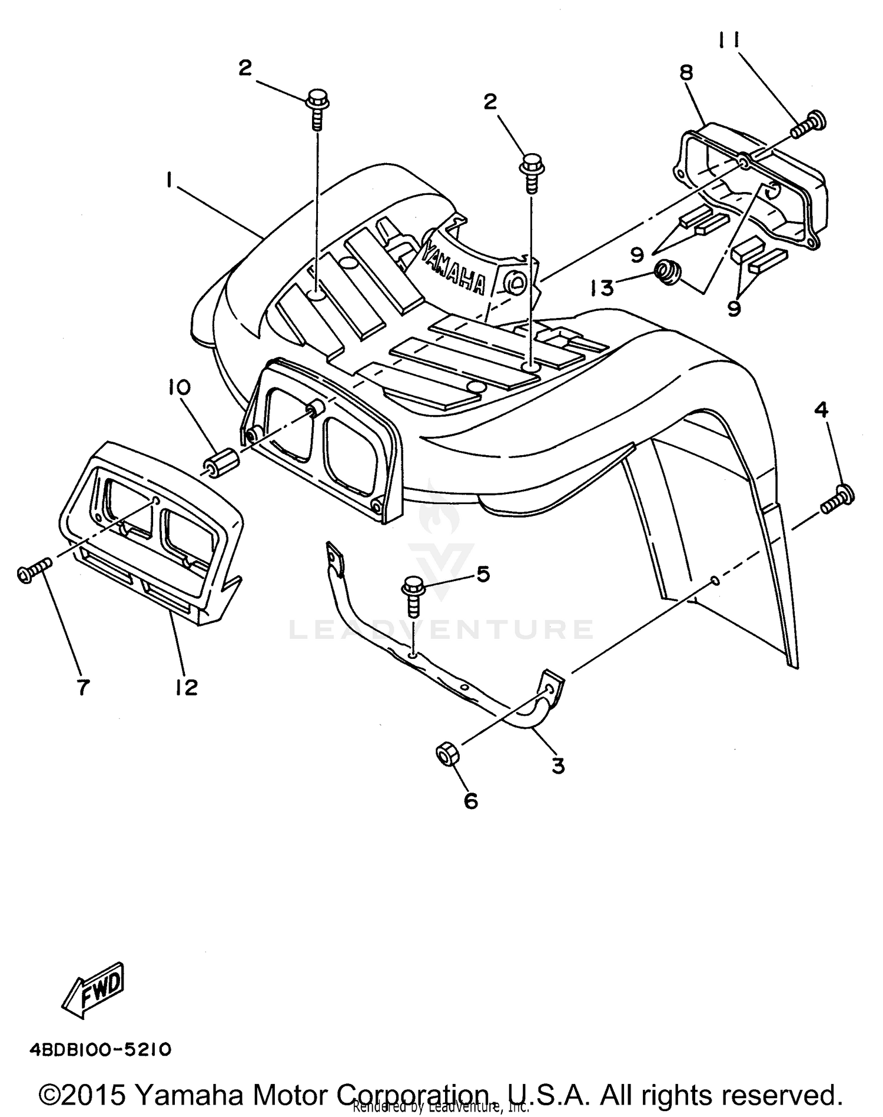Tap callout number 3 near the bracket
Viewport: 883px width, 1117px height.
click(x=557, y=765)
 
